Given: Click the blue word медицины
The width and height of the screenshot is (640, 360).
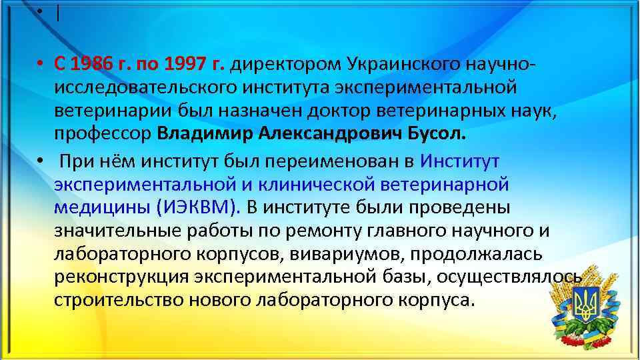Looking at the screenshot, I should (x=102, y=207).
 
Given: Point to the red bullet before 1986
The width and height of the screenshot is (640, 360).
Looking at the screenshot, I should (x=41, y=65).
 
